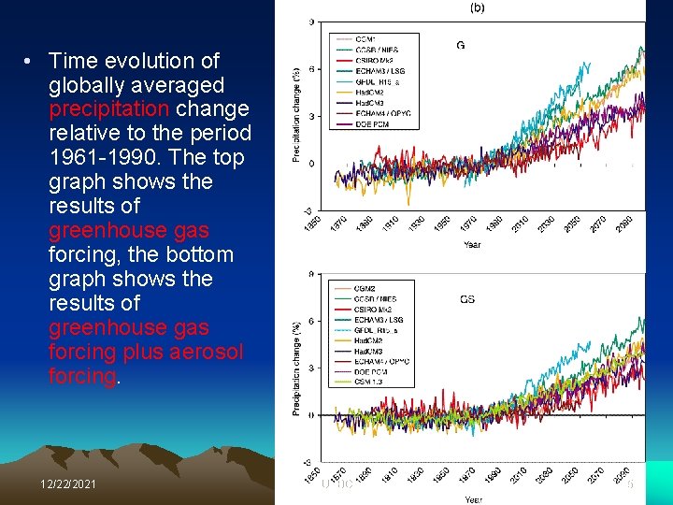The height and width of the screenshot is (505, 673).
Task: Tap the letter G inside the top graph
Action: coord(461,45)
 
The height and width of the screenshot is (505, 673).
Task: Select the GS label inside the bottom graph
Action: coord(467,300)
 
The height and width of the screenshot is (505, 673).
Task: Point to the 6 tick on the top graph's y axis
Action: coord(310,68)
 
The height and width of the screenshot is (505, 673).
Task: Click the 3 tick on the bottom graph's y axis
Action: coord(310,368)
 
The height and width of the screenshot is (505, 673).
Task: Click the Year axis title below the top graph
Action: coord(473,245)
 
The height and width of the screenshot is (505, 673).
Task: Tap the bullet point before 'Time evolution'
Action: coord(30,62)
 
